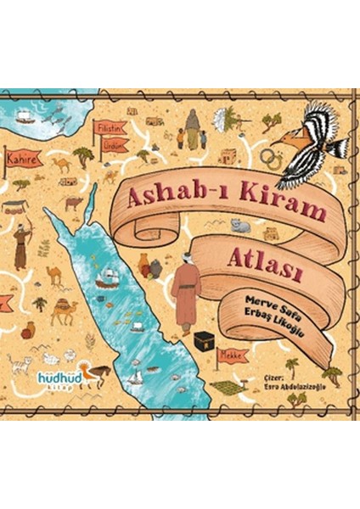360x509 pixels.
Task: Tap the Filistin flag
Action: [x=111, y=127]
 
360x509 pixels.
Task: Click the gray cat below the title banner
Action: [x=241, y=226]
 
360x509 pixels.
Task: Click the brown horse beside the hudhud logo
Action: [x=97, y=374]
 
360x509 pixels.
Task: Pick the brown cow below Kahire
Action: [x=74, y=204]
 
